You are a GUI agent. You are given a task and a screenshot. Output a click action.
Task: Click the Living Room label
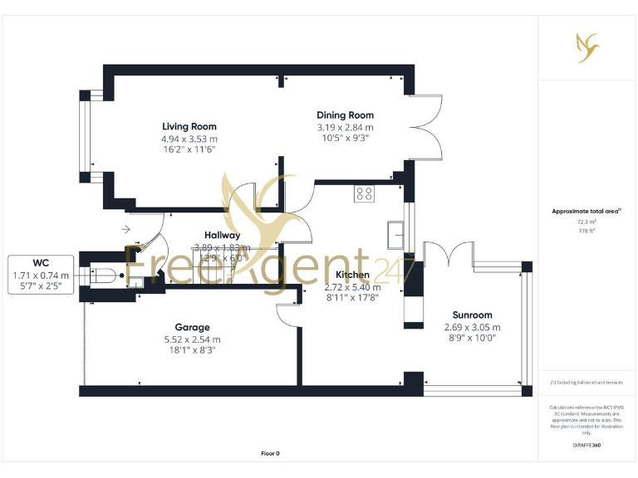click(x=189, y=127)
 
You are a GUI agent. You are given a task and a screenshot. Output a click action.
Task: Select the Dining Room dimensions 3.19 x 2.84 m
click(x=345, y=128)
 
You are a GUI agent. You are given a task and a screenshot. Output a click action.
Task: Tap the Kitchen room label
click(x=352, y=275)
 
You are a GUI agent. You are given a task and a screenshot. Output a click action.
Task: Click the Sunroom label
click(x=472, y=315)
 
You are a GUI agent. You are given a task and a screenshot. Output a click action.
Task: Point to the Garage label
click(x=192, y=327)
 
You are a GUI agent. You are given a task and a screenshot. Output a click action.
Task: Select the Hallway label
click(x=222, y=236)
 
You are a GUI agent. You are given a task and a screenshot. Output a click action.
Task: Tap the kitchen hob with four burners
click(x=364, y=193)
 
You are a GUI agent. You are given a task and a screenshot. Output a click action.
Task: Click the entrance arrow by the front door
click(x=125, y=228)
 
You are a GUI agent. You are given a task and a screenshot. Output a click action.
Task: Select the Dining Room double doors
click(x=424, y=128)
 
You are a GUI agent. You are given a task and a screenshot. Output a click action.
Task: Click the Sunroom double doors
click(x=449, y=253)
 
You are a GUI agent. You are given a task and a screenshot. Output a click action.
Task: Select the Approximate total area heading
click(x=586, y=212)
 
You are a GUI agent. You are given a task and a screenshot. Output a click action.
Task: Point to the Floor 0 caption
click(x=270, y=453)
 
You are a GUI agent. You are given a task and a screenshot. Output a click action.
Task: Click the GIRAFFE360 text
click(x=586, y=446)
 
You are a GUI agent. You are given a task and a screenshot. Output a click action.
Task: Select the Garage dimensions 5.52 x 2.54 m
click(x=192, y=339)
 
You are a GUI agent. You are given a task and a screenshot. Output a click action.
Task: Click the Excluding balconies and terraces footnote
click(x=586, y=383)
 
